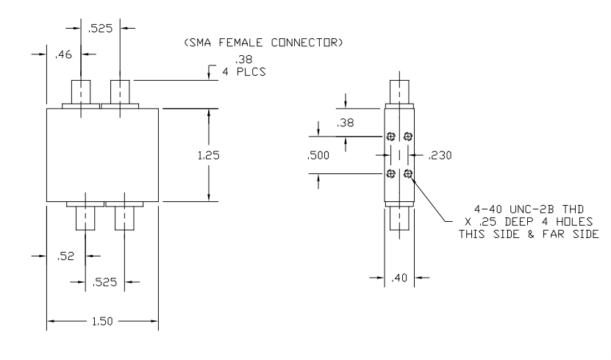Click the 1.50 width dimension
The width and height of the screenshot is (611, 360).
[x=103, y=323]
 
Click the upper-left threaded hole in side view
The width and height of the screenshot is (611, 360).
[x=391, y=136]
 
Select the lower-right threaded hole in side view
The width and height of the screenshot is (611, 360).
[x=408, y=173]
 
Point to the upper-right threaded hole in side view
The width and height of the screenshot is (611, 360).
[x=408, y=136]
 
